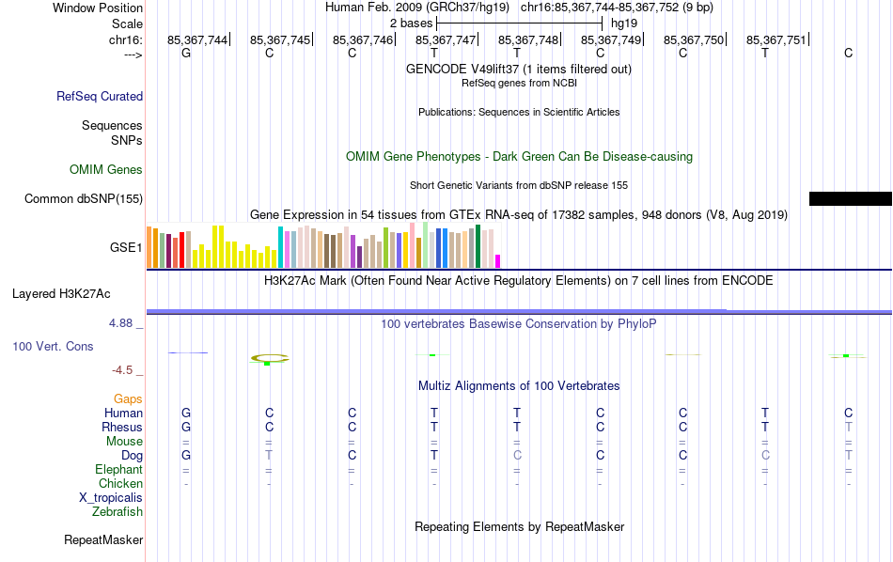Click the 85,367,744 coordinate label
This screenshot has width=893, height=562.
(x=197, y=40)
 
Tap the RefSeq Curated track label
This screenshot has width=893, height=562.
(x=100, y=96)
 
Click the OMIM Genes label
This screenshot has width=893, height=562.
(x=106, y=170)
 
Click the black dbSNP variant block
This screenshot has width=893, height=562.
(x=850, y=198)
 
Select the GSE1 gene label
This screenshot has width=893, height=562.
(x=126, y=248)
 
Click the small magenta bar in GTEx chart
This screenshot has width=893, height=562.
(x=498, y=261)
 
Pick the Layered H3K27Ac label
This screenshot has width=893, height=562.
(x=61, y=293)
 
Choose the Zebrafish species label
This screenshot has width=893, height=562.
(x=117, y=512)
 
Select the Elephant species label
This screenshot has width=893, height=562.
(x=118, y=470)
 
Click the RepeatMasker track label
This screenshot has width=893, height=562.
(x=103, y=540)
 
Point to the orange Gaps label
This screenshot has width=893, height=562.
(x=128, y=399)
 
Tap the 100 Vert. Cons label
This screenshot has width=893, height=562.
(x=53, y=347)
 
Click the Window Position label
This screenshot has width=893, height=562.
(x=98, y=8)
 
